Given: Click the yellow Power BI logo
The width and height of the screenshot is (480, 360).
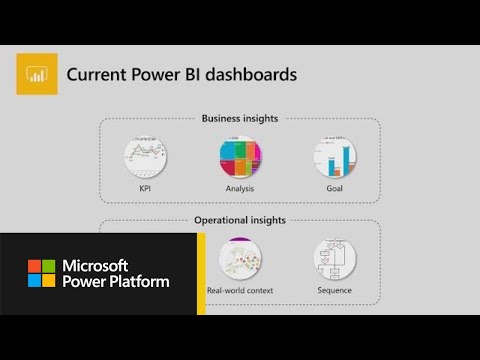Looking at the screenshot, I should tap(37, 75).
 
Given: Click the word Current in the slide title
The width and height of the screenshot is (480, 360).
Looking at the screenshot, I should tap(95, 74).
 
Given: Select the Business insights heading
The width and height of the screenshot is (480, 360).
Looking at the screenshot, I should tap(239, 118).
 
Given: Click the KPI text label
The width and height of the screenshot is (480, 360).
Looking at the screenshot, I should tap(145, 186).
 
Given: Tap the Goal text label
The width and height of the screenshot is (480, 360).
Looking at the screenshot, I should tap(335, 186).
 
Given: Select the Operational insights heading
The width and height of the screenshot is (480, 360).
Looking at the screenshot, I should tap(239, 220).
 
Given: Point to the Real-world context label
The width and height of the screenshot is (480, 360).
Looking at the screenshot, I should tap(240, 291).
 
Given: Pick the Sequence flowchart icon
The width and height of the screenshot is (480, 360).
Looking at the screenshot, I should tap(334, 257).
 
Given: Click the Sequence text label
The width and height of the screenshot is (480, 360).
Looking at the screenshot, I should tap(334, 291).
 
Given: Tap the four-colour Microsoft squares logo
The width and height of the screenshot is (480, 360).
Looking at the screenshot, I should tap(41, 274).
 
